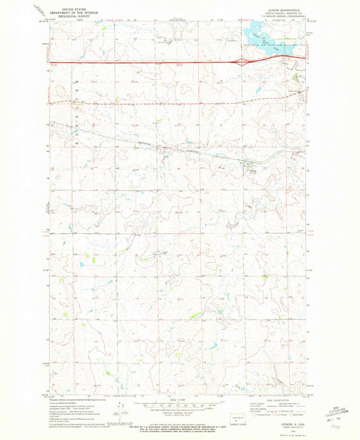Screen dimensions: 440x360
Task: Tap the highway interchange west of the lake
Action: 242,62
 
